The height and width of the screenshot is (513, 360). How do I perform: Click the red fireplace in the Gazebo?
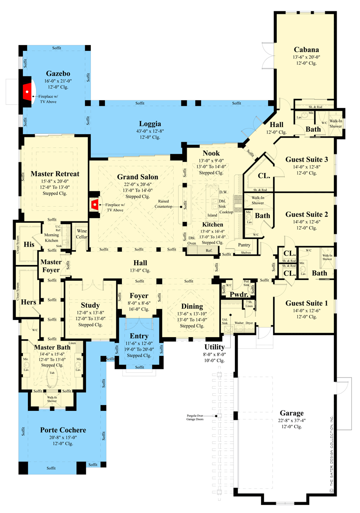(27, 91)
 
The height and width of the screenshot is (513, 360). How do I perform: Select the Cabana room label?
(306, 49)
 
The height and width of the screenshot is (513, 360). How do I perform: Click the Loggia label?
(150, 124)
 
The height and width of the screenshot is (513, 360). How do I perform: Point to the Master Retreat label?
(55, 174)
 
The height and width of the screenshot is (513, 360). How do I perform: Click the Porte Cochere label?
(63, 430)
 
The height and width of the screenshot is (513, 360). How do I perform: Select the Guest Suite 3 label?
(306, 159)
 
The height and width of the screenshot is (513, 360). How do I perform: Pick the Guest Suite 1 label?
(306, 303)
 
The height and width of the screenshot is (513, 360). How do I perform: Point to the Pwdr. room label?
(237, 294)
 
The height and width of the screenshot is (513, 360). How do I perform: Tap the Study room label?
(90, 305)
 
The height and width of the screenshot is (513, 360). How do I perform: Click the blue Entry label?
(139, 336)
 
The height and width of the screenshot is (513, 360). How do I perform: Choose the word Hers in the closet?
(29, 302)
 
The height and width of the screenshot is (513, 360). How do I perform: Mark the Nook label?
(211, 153)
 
